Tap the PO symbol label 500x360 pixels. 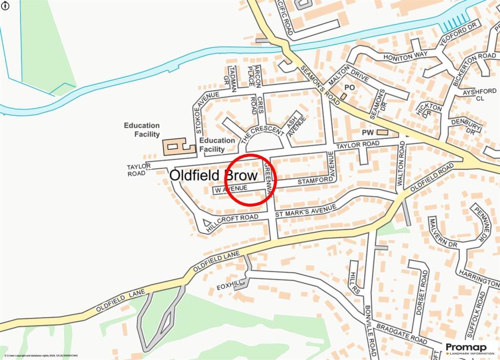[349, 87]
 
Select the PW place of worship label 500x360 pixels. [367, 132]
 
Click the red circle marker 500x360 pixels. [250, 179]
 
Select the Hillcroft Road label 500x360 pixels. [232, 221]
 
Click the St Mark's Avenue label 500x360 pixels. [306, 211]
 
